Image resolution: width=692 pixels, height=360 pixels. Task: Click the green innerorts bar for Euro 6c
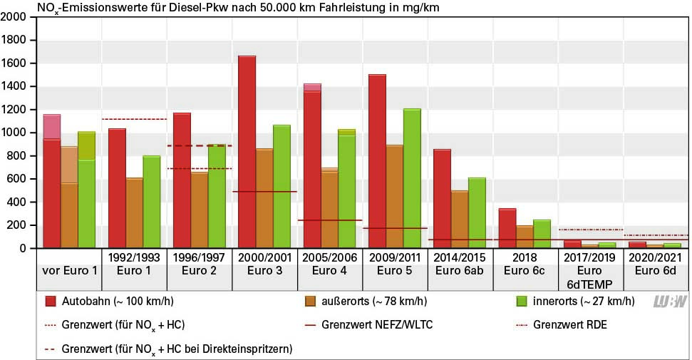(542, 234)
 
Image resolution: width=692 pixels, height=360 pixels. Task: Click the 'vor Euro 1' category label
(68, 272)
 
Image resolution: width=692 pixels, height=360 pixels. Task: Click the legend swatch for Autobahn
(51, 301)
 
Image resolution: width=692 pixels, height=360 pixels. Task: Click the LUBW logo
(670, 302)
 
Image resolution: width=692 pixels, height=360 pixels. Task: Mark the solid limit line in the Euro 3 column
(264, 192)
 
